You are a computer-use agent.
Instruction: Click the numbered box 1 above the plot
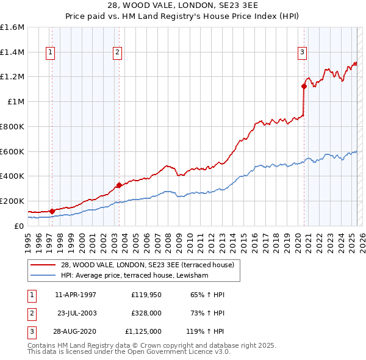click(49, 53)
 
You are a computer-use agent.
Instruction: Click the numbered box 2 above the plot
click(117, 53)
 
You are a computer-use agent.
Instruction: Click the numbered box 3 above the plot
click(302, 53)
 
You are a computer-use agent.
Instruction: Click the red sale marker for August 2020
click(303, 86)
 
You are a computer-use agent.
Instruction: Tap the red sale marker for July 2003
click(119, 185)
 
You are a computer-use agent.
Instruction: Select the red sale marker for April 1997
click(52, 211)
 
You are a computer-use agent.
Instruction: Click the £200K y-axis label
click(12, 201)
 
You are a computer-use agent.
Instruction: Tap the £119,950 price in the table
click(146, 295)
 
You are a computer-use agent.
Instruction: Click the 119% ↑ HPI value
click(204, 331)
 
